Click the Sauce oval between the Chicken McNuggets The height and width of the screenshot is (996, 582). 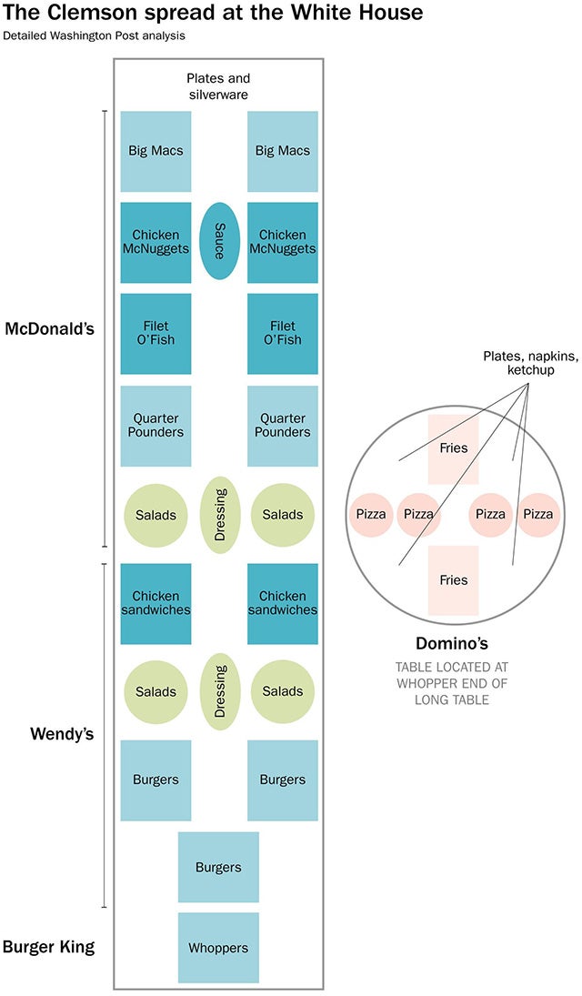point(219,242)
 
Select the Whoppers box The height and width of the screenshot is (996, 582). point(218,948)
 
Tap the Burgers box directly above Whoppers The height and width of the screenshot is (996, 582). point(218,867)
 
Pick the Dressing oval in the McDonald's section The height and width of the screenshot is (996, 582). point(219,515)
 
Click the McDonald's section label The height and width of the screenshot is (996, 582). point(49,328)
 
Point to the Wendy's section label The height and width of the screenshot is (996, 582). point(62,733)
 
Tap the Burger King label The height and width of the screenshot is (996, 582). point(48,947)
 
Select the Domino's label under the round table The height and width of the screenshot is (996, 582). point(453,641)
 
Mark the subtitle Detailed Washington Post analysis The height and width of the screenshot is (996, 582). point(94,36)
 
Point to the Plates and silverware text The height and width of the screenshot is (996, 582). point(218,86)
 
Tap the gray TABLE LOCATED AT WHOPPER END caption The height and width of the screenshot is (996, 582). point(453,682)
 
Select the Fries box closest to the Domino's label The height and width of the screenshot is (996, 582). point(453,580)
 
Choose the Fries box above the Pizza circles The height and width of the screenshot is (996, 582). point(453,448)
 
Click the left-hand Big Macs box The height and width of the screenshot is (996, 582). point(156,151)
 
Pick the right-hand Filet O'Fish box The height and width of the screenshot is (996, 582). point(283,333)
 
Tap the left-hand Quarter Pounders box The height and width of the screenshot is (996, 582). point(156,426)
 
